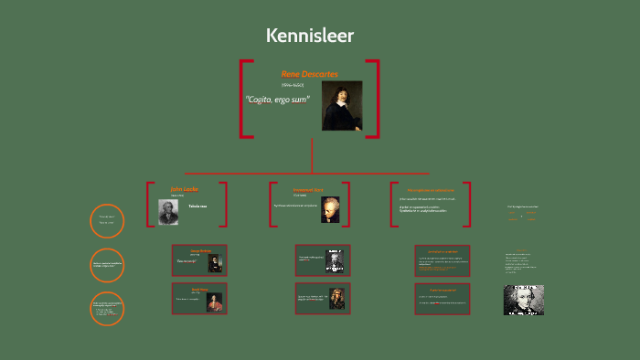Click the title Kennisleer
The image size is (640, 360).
(310, 36)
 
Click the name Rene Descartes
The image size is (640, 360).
(309, 73)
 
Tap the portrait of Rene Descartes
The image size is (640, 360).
(342, 106)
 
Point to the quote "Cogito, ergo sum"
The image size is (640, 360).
(277, 99)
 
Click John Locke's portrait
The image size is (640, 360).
(168, 211)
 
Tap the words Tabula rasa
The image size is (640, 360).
(197, 206)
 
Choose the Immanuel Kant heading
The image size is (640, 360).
(309, 189)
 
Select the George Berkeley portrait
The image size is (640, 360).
(215, 262)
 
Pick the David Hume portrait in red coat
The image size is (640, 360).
(215, 302)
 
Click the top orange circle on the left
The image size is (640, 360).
(107, 220)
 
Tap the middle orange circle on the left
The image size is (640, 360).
(107, 265)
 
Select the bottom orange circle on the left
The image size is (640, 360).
(107, 309)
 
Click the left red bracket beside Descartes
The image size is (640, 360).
(244, 99)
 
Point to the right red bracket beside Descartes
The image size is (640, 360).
(374, 99)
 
